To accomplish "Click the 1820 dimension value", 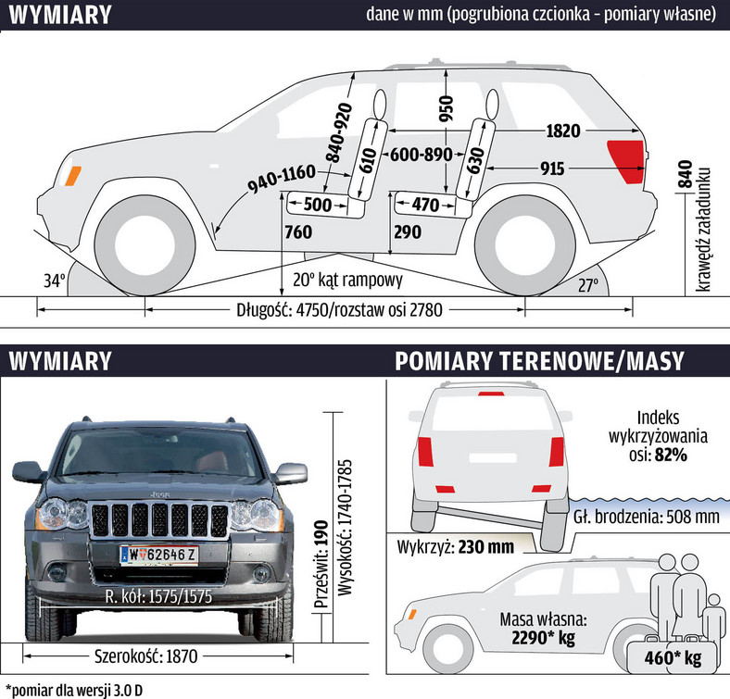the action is (563, 131).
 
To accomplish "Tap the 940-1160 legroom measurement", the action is (283, 179).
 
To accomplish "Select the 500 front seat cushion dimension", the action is (318, 205).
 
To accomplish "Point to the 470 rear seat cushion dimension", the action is (425, 205).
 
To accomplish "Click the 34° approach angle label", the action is (55, 281).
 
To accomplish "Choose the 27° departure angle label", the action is (588, 285).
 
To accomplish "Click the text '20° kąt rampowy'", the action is (347, 280).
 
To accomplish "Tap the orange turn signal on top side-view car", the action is (72, 176).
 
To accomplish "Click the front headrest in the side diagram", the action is (380, 104).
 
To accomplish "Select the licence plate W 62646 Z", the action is (159, 555).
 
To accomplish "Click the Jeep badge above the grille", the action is (159, 494).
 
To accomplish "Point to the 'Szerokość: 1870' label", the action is (145, 656).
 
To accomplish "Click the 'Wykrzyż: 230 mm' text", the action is (455, 546).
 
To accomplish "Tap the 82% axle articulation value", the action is (671, 455).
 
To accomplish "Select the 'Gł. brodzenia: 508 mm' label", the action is (647, 517).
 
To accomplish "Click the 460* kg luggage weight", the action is (673, 657).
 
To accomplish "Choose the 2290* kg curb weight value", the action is (543, 638).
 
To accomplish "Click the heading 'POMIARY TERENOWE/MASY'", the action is (539, 361).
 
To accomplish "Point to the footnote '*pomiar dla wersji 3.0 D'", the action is (74, 690).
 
